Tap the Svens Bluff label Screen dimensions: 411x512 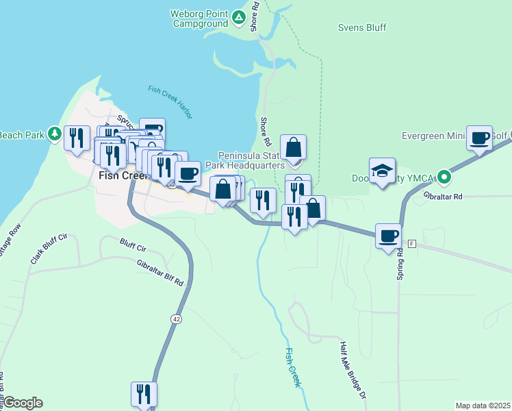(362, 28)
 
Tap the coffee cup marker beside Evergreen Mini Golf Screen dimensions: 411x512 (481, 138)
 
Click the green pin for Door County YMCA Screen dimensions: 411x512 (444, 178)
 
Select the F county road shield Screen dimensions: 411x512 (412, 244)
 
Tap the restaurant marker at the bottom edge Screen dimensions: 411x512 (144, 395)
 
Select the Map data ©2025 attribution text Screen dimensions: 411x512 (483, 406)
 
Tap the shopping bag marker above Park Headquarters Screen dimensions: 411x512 (293, 147)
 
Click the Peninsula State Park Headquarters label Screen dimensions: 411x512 (251, 160)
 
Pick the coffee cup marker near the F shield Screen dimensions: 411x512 (389, 236)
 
